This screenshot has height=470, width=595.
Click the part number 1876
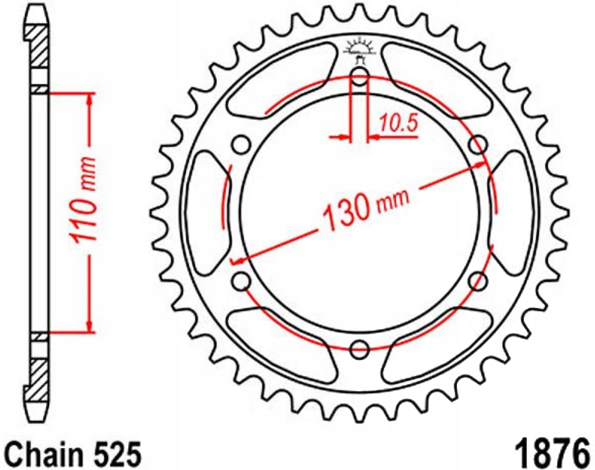tap(553, 453)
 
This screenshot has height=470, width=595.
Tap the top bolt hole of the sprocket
tap(360, 76)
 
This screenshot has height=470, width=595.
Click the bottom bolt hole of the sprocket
tap(360, 349)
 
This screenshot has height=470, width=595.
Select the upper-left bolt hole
tap(241, 144)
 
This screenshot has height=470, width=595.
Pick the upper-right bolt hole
tap(478, 144)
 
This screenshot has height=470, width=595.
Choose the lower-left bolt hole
tap(241, 281)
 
